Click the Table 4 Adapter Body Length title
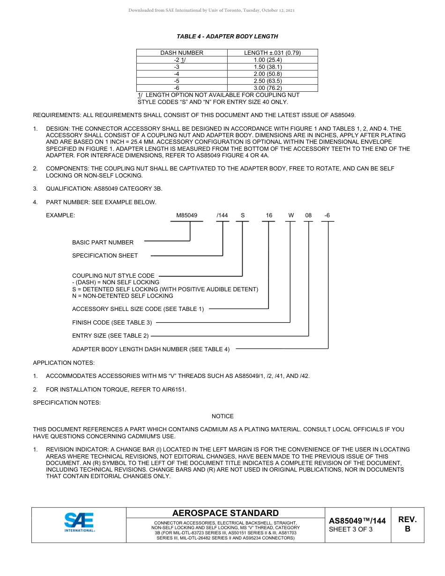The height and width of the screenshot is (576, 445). [227, 36]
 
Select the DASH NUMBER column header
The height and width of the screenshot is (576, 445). [182, 53]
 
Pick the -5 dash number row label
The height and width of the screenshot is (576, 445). [177, 81]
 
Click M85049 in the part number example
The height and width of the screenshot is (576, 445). [186, 215]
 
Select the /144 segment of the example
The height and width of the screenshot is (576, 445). [222, 215]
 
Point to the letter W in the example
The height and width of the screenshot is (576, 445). [291, 215]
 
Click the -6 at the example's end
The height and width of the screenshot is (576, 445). [327, 215]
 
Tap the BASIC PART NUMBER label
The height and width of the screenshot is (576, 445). [103, 243]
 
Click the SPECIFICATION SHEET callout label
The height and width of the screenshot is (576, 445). [105, 256]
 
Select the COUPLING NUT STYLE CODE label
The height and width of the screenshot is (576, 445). [113, 276]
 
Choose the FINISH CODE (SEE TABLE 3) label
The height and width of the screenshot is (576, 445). [112, 323]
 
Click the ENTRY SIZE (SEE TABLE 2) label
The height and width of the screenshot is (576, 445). [110, 336]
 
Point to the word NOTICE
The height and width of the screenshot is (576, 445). [222, 416]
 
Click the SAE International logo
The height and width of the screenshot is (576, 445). [79, 522]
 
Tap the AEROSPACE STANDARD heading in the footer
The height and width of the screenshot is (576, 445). [225, 513]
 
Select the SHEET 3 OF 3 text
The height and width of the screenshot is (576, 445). [351, 530]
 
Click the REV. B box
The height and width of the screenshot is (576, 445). [407, 524]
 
